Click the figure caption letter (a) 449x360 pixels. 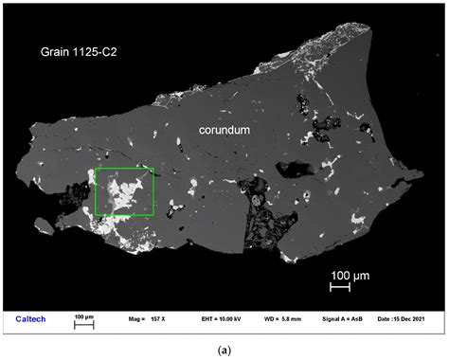pos(224,350)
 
